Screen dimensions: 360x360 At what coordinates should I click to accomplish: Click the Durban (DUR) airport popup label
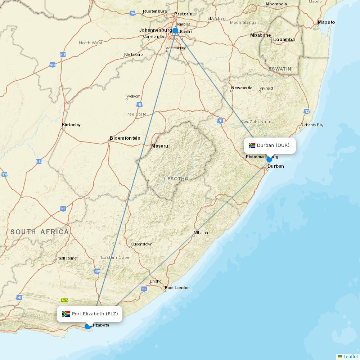click(270, 145)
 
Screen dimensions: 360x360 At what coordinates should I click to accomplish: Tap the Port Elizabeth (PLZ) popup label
click(90, 314)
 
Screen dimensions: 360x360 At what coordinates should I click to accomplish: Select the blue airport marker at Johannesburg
click(175, 31)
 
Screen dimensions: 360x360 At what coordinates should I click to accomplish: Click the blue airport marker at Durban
click(269, 159)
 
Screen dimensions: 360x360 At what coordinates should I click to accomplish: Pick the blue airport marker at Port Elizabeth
click(87, 327)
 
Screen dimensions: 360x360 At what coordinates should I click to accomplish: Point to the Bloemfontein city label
click(125, 138)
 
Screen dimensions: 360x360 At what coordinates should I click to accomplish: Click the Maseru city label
click(159, 146)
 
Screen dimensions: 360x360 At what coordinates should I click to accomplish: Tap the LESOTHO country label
click(176, 179)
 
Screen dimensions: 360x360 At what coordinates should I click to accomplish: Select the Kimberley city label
click(71, 125)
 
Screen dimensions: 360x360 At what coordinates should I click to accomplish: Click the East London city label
click(177, 288)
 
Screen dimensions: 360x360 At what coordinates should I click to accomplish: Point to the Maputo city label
click(326, 22)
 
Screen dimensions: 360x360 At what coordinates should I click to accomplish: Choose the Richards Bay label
click(312, 125)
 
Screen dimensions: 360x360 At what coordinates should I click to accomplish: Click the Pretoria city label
click(183, 14)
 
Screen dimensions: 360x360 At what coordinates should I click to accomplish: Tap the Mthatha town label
click(201, 233)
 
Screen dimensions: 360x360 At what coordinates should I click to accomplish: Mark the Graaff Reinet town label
click(66, 258)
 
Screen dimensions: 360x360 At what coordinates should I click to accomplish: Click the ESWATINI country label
click(280, 69)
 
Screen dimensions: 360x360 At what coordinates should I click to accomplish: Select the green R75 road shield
click(64, 300)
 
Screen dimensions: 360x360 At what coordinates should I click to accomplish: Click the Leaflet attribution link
click(350, 356)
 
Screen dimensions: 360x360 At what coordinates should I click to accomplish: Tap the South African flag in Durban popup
click(252, 145)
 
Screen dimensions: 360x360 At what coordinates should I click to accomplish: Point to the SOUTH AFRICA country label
click(40, 232)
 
